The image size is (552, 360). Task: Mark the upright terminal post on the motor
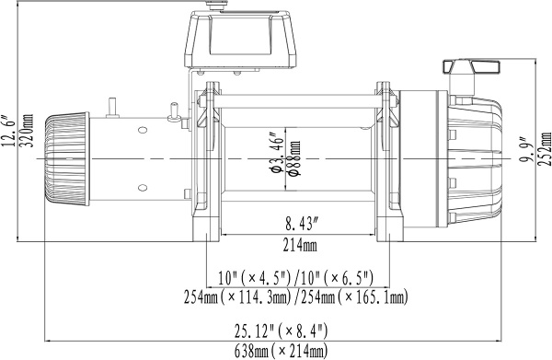pos(112,106)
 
